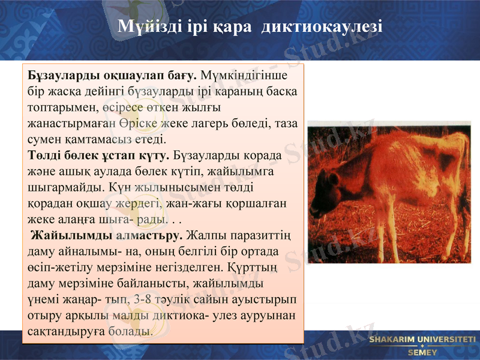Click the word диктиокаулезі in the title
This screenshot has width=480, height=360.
(x=322, y=28)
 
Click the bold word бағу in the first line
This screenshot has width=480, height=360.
(x=183, y=77)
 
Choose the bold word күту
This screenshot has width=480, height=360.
(x=155, y=155)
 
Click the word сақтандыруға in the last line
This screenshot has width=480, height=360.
(x=60, y=330)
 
